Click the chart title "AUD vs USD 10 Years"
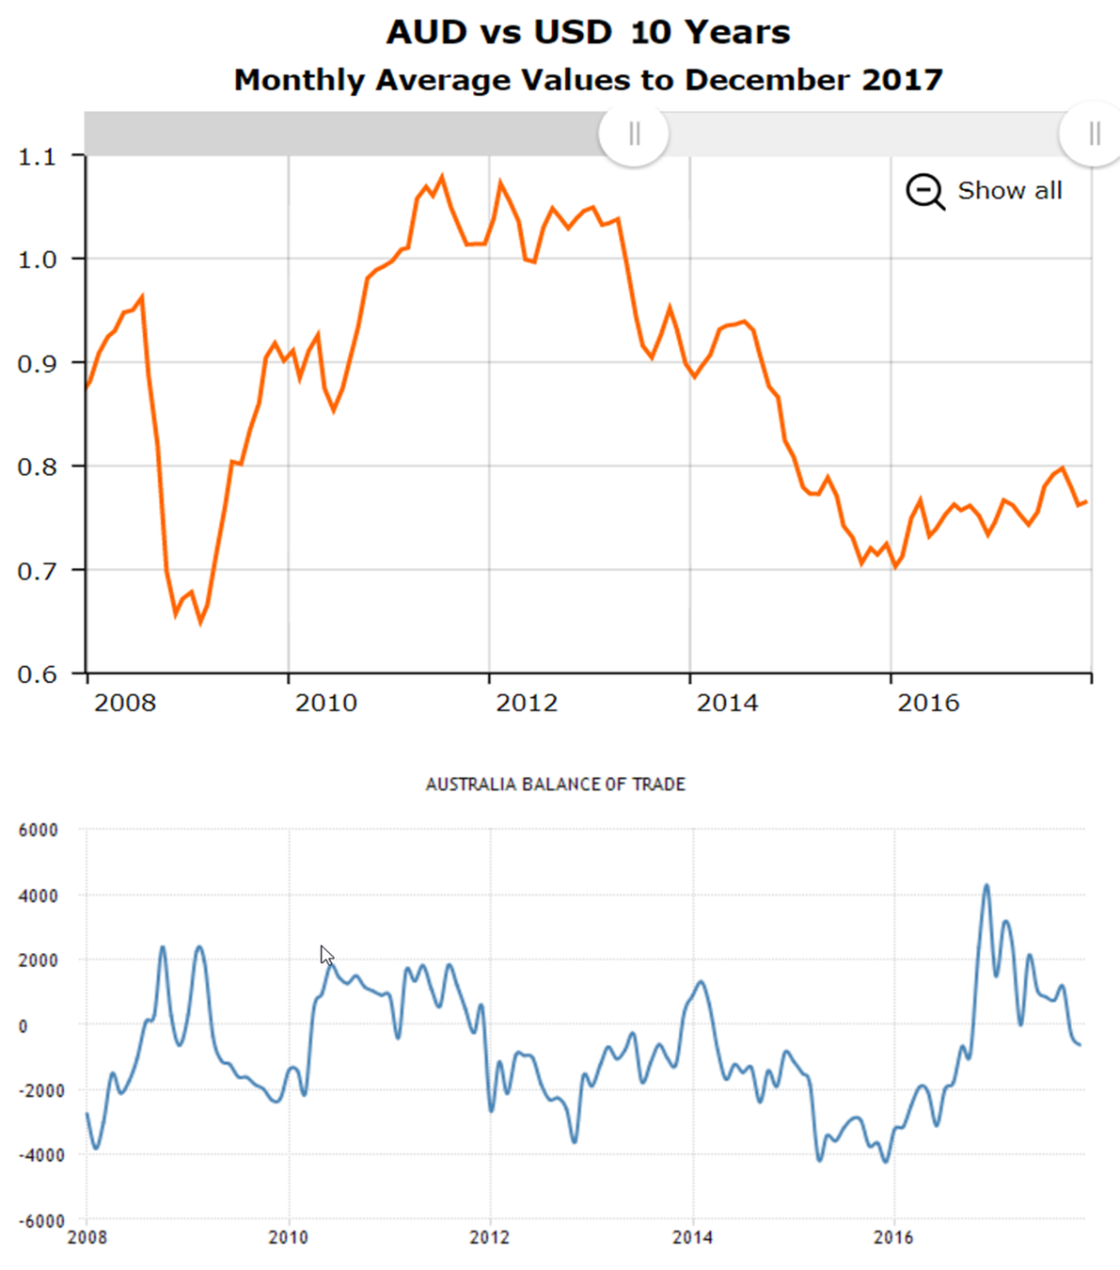pyautogui.click(x=588, y=33)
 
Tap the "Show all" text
pyautogui.click(x=1009, y=191)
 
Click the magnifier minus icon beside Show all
pyautogui.click(x=924, y=191)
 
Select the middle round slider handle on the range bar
pyautogui.click(x=634, y=134)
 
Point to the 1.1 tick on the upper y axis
pyautogui.click(x=37, y=156)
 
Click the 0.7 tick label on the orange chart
pyautogui.click(x=37, y=571)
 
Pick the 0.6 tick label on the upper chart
pyautogui.click(x=37, y=675)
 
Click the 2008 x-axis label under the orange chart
pyautogui.click(x=125, y=703)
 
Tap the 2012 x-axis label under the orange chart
pyautogui.click(x=527, y=703)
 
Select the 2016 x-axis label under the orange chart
pyautogui.click(x=928, y=703)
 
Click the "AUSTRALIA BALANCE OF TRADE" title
pyautogui.click(x=555, y=785)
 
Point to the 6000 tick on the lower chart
pyautogui.click(x=39, y=831)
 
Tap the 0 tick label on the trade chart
pyautogui.click(x=24, y=1026)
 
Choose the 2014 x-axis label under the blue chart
pyautogui.click(x=692, y=1237)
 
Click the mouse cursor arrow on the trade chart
pyautogui.click(x=325, y=955)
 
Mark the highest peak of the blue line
pyautogui.click(x=986, y=885)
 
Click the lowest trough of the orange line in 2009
pyautogui.click(x=200, y=622)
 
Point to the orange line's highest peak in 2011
pyautogui.click(x=442, y=177)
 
